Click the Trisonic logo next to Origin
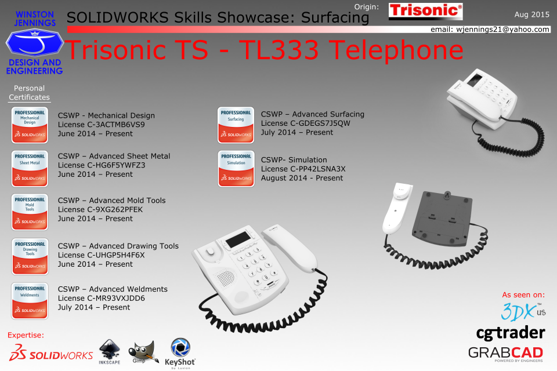[425, 11]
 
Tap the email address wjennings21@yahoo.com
[502, 30]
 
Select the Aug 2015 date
[532, 14]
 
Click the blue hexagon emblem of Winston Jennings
[34, 42]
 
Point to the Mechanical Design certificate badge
[30, 125]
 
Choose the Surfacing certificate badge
[236, 125]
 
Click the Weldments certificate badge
[30, 301]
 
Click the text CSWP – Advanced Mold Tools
[111, 200]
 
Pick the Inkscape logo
[110, 351]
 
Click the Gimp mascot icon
[143, 351]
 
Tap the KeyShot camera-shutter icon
[180, 347]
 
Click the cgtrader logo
[511, 333]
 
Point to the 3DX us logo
[523, 312]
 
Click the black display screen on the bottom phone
[238, 240]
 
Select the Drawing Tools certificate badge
[30, 256]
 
